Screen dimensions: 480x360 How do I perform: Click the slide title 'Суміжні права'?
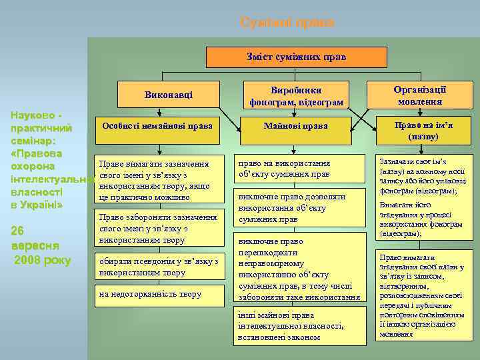click(287, 23)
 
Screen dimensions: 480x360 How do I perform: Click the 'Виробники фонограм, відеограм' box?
click(296, 96)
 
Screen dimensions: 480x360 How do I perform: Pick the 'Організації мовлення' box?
click(419, 95)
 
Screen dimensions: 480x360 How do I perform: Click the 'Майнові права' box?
click(296, 125)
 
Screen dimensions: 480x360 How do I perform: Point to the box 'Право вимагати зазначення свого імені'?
click(156, 181)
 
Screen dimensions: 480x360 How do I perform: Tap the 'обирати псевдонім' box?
click(159, 267)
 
